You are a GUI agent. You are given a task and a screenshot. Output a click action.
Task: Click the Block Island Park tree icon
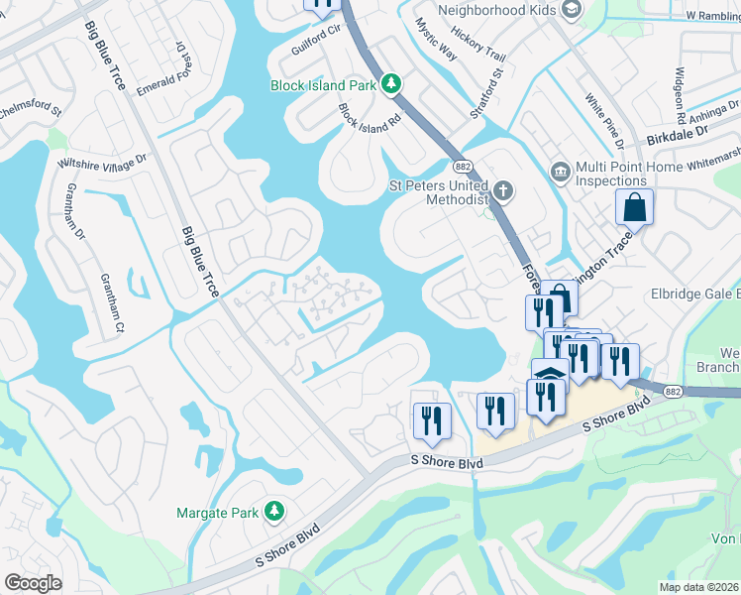point(392,84)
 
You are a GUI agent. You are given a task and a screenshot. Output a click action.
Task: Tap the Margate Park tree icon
point(274,512)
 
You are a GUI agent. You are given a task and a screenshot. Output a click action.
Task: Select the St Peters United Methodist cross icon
point(503,190)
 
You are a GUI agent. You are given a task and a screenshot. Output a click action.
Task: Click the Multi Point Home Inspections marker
point(561,172)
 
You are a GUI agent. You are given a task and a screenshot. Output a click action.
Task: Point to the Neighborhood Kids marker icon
point(571,10)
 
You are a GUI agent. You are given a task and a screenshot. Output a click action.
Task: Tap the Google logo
point(33,583)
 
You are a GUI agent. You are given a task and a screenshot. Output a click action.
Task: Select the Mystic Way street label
point(436,40)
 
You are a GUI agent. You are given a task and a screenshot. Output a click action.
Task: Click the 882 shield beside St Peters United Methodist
point(462,166)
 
